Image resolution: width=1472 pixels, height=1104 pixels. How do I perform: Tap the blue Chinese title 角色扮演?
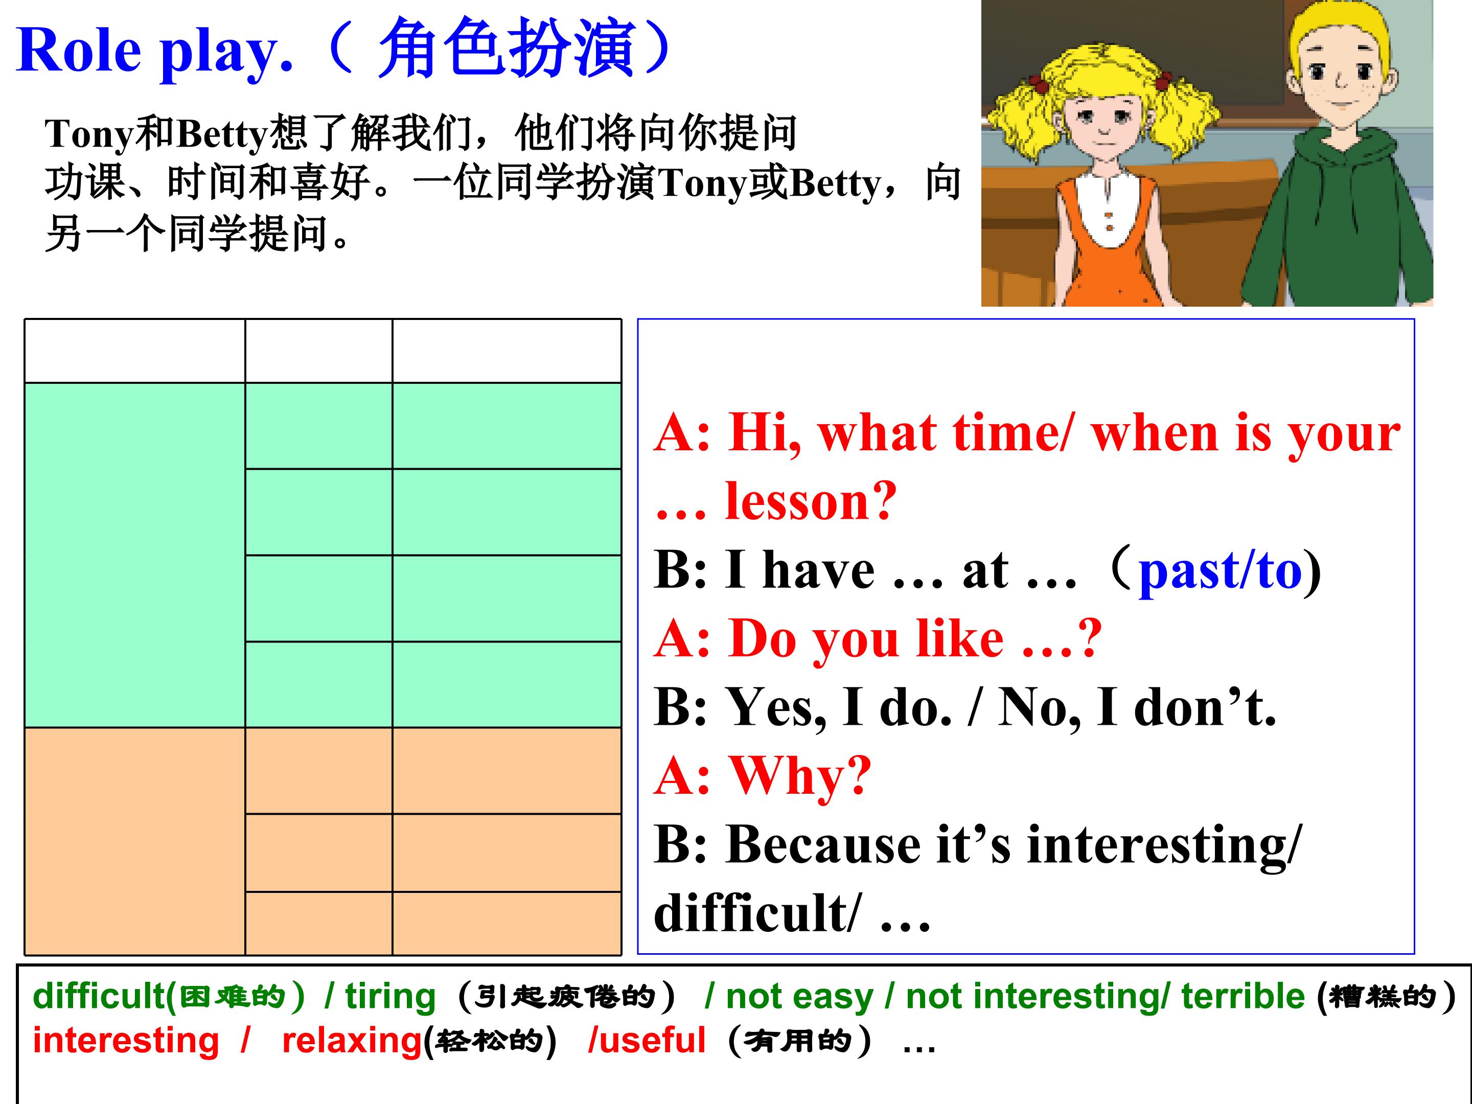coord(506,48)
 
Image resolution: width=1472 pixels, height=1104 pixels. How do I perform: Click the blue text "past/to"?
coord(1220,571)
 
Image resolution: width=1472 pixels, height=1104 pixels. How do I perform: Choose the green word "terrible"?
coord(1243,997)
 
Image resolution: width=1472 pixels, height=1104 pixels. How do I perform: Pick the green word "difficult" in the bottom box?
coord(99,997)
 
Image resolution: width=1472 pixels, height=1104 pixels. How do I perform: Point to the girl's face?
coord(1104,120)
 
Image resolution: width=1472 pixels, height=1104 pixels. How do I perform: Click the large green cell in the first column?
coord(135,555)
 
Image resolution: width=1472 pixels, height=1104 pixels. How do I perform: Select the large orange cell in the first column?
coord(135,842)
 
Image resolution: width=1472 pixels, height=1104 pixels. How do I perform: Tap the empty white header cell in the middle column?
coord(319,351)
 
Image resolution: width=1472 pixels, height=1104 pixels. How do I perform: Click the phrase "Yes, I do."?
coord(839,707)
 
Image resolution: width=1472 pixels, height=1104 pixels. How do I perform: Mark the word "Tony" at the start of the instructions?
coord(89,135)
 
